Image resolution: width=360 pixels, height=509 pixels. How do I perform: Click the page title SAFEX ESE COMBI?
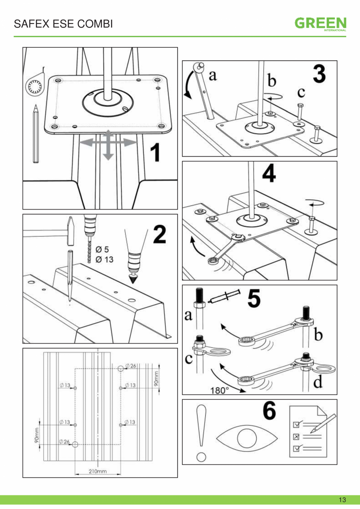(63, 24)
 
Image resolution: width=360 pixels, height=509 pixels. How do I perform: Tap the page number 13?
(342, 500)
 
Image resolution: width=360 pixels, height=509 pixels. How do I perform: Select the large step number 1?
(155, 153)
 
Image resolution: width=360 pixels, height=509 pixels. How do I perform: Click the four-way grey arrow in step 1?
(108, 144)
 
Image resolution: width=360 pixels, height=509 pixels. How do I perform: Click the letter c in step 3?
(301, 93)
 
